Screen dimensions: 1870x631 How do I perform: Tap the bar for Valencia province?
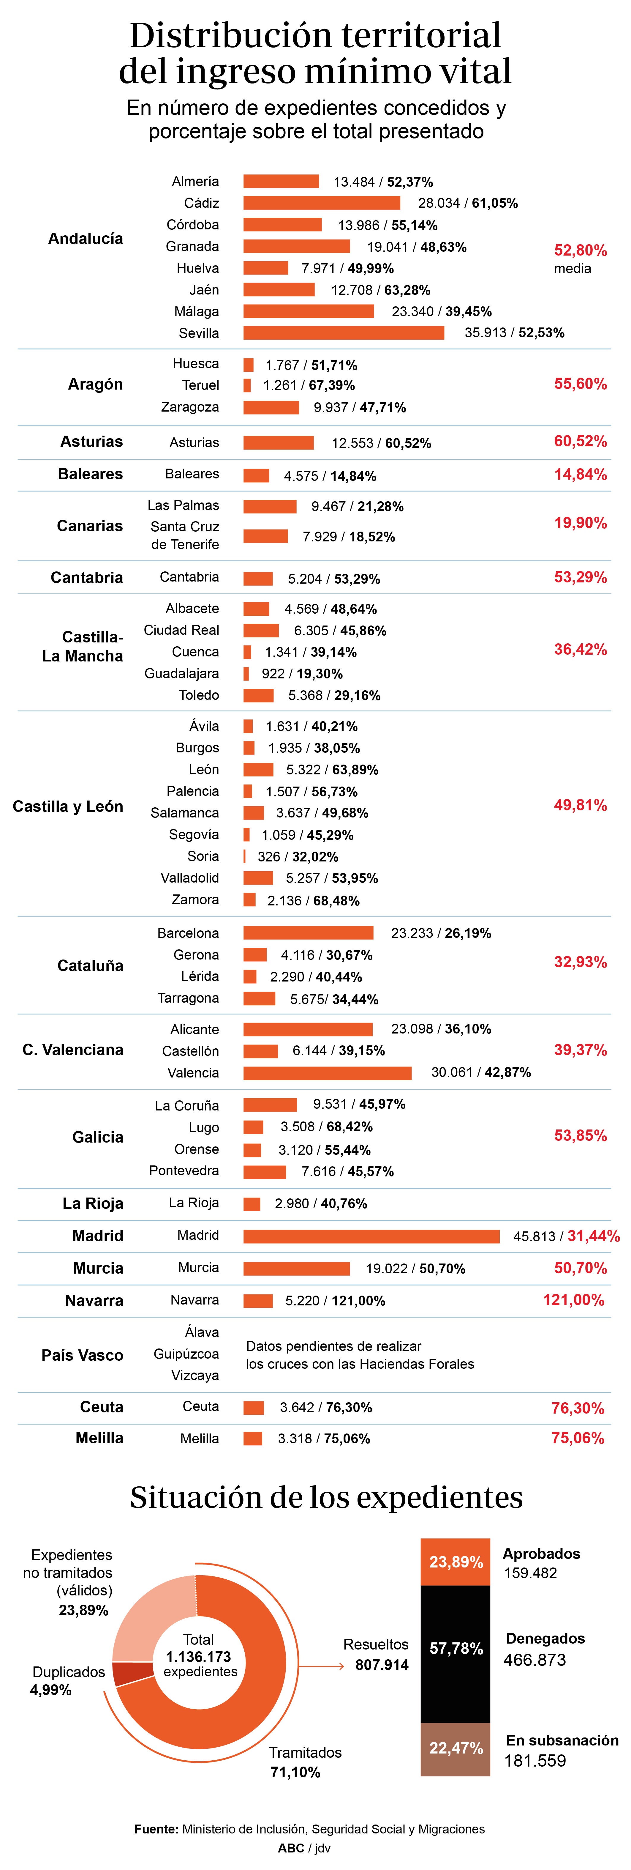tap(327, 1072)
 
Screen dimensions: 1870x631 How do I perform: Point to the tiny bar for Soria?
tap(244, 856)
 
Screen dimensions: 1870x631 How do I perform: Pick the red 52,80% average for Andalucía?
tap(580, 251)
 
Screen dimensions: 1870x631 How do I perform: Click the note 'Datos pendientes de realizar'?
tap(334, 1346)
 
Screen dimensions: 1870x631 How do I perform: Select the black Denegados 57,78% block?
tap(456, 1648)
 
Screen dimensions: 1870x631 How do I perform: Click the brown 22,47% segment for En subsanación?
tap(456, 1748)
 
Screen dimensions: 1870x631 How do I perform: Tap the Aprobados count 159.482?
tap(530, 1572)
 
